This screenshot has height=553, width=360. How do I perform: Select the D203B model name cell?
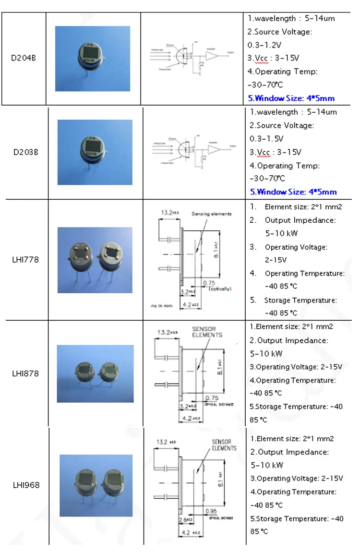click(x=25, y=152)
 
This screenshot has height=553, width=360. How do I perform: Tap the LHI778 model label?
click(x=25, y=260)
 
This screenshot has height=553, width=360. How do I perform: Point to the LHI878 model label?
click(x=25, y=373)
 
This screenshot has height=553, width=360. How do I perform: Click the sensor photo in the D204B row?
click(x=93, y=58)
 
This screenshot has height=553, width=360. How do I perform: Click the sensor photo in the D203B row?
click(x=95, y=152)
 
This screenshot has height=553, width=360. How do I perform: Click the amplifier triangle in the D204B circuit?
click(x=211, y=56)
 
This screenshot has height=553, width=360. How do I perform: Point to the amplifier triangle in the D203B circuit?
click(x=214, y=149)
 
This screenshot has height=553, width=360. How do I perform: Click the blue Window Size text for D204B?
click(x=291, y=98)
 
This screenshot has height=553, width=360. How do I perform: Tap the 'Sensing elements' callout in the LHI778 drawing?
click(x=211, y=214)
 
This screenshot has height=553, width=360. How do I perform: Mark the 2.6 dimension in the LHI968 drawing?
click(x=182, y=519)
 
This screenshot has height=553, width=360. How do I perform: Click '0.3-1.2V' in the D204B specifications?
click(x=265, y=45)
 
